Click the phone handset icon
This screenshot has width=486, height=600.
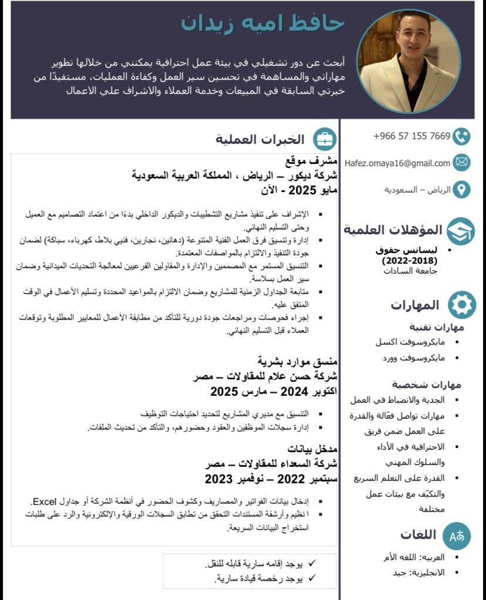(462, 137)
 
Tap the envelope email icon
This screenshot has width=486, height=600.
(462, 163)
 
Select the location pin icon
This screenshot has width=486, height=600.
(462, 190)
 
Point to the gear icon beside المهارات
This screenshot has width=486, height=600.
(462, 305)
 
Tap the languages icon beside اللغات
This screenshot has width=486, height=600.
(457, 535)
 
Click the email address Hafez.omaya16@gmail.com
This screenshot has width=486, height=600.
(397, 163)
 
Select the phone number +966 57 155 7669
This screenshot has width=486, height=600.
(411, 136)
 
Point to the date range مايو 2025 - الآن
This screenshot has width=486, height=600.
(299, 190)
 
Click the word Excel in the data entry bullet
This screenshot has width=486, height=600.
(44, 502)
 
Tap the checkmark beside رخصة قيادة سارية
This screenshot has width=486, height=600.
(312, 579)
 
